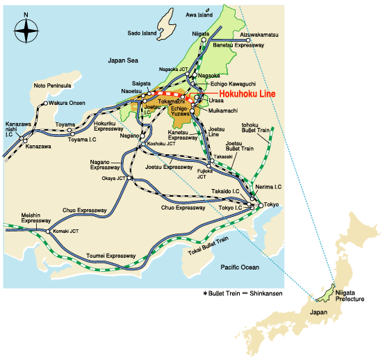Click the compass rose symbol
click(26, 31)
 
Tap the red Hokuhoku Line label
click(247, 95)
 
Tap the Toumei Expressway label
click(110, 255)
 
